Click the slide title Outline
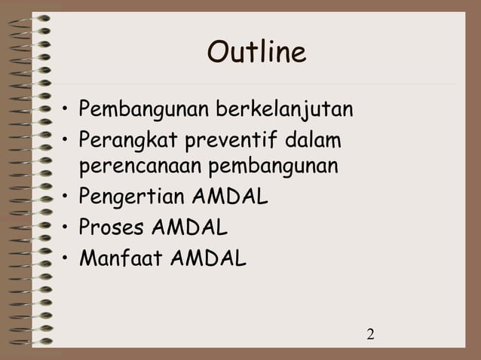[x=256, y=53]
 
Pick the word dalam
[x=311, y=140]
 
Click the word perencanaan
[x=137, y=164]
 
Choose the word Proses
[x=108, y=227]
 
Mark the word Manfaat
[x=118, y=258]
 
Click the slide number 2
[x=371, y=334]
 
